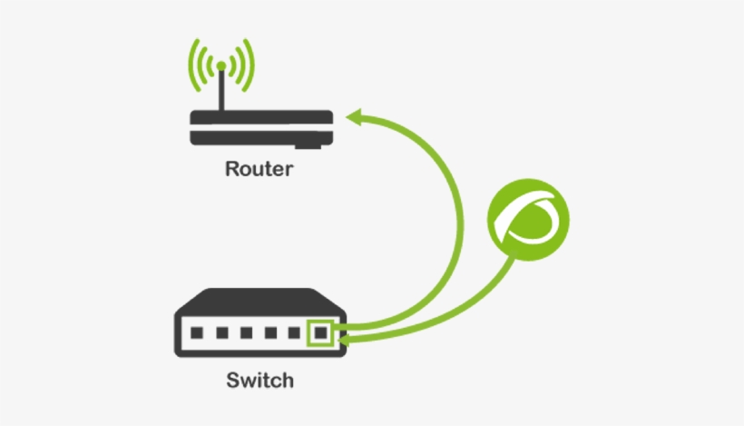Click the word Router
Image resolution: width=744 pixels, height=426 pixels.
coord(259,169)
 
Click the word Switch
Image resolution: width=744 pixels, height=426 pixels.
coord(259,379)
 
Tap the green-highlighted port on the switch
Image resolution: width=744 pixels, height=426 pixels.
coord(319,333)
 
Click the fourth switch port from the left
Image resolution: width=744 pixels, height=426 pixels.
coord(270,333)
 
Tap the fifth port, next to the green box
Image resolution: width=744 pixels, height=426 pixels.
coord(294,333)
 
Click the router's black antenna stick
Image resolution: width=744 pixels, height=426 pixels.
coord(220,91)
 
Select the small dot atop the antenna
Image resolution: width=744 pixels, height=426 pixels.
coord(220,65)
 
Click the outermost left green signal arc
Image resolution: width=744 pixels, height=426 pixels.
coord(191,64)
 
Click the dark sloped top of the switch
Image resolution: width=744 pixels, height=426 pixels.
coord(259,302)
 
